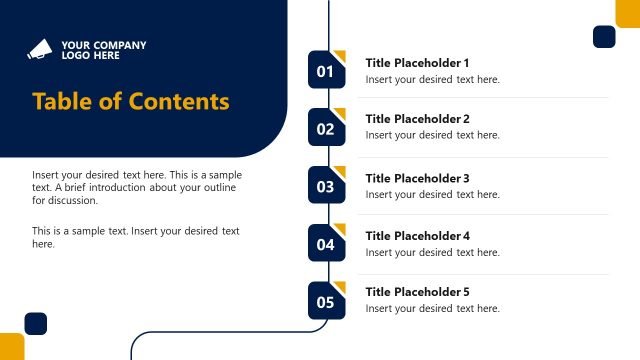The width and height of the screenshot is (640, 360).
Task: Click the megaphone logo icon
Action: (41, 50)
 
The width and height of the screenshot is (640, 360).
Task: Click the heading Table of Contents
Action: (131, 102)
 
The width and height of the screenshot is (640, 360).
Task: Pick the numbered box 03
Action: (326, 185)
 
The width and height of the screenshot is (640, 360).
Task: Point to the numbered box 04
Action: (326, 243)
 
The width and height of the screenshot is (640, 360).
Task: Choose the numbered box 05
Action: (326, 301)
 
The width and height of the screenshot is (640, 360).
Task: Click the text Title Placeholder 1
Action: (417, 62)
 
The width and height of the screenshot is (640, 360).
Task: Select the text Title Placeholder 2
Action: (417, 119)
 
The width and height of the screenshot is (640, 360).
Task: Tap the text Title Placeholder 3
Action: (417, 178)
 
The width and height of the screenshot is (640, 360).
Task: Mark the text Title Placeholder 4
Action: (417, 236)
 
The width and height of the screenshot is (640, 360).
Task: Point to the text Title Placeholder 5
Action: (417, 292)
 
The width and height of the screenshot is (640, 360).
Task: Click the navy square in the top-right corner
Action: (604, 37)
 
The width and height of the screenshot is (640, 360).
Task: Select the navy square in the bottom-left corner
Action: (36, 323)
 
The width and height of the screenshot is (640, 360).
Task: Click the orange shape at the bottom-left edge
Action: (11, 346)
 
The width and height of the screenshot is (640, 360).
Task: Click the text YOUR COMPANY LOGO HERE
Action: (103, 50)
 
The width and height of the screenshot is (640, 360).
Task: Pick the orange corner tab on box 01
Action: (340, 55)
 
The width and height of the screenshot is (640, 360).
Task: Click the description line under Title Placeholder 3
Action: (432, 195)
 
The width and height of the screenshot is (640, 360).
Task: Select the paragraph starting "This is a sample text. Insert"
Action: (136, 237)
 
